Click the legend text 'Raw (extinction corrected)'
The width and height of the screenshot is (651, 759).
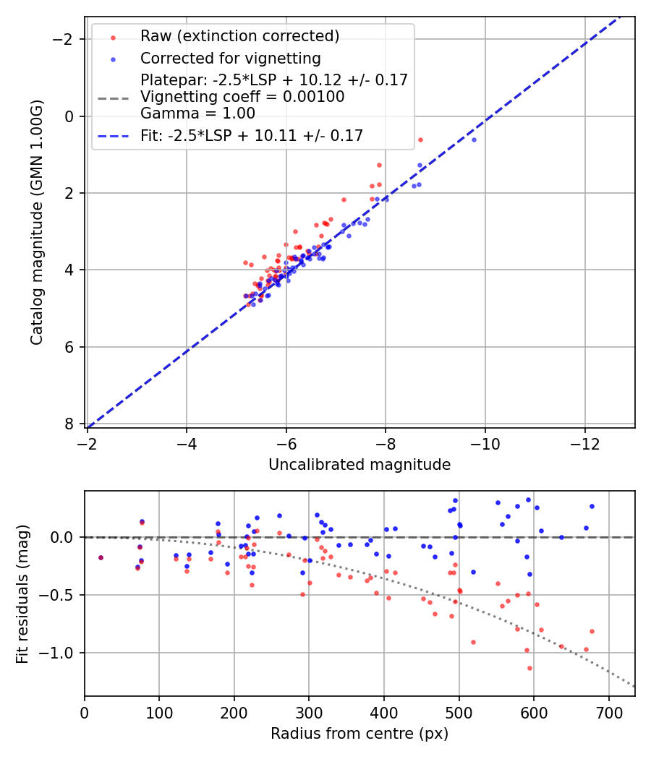pos(239,36)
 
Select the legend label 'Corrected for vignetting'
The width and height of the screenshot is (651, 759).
pos(230,58)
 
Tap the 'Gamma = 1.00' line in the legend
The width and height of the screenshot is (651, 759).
pos(197,113)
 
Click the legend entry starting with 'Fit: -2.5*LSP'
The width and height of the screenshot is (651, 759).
pos(251,135)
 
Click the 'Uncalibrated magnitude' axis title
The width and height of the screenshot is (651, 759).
pos(359,465)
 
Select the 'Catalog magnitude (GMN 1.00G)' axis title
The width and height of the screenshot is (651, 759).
pos(37,222)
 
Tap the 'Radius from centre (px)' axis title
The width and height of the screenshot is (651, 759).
pos(359,734)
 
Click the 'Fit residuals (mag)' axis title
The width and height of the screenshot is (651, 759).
pos(22,593)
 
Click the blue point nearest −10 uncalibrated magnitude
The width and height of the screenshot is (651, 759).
pos(474,140)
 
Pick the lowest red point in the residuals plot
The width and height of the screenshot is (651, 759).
pos(529,669)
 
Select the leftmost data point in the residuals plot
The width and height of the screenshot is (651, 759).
pos(101,557)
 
